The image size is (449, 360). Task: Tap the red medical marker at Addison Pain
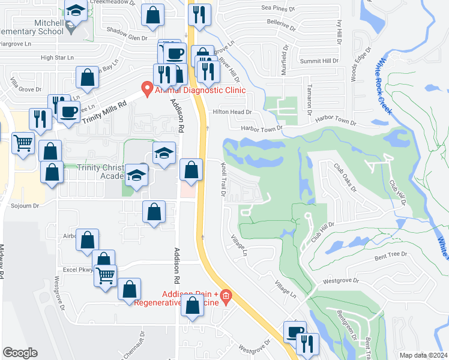pos(226,295)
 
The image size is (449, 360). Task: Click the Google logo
pos(20,352)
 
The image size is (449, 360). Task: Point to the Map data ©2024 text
pos(423,355)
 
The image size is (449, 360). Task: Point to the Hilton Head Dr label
pos(231,112)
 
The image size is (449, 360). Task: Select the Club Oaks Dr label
pos(345,178)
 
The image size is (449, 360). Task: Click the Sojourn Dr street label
pos(25,205)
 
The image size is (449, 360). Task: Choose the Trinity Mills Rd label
pos(106,112)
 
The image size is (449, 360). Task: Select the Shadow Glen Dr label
pos(127,38)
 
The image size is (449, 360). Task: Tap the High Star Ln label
pos(56,58)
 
